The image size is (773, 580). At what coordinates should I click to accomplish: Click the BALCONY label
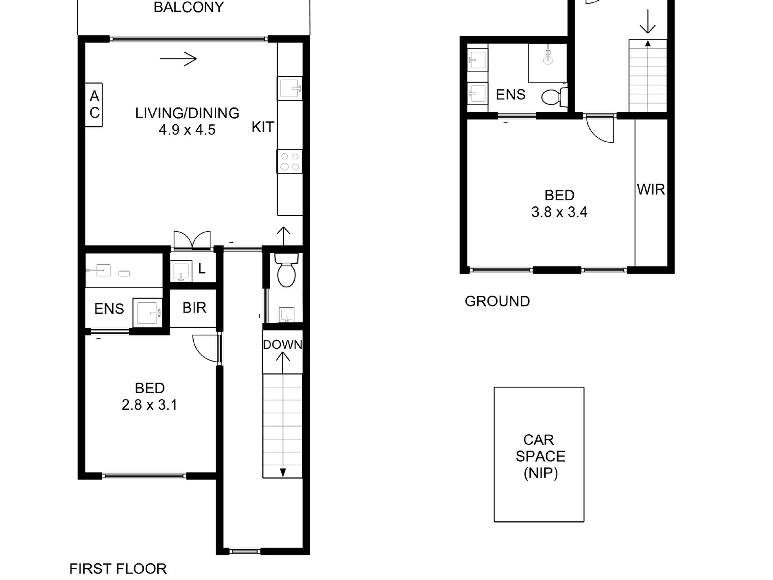coord(189,7)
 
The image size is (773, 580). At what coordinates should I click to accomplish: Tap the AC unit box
coord(94,105)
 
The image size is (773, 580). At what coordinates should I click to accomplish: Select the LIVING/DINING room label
coord(187,113)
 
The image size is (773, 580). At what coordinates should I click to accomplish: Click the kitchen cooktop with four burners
coord(290,161)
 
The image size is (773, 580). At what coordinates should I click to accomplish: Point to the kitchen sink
coord(290,88)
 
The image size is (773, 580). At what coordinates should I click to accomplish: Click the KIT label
coord(263,127)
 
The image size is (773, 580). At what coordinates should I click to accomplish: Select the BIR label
coord(194,308)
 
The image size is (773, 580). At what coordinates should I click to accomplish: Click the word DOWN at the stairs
coord(282,345)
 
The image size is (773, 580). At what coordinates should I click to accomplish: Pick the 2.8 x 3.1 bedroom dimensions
coord(149,405)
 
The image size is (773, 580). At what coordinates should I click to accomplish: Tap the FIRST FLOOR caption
coord(118,569)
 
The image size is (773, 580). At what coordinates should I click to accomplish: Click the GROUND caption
coord(497,301)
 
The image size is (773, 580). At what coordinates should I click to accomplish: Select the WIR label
coord(651,189)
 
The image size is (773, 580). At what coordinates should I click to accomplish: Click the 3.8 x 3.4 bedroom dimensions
coord(559,212)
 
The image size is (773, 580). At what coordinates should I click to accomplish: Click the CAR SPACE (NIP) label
coord(540,456)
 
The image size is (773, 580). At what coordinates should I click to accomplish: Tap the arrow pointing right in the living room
coord(178,59)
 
